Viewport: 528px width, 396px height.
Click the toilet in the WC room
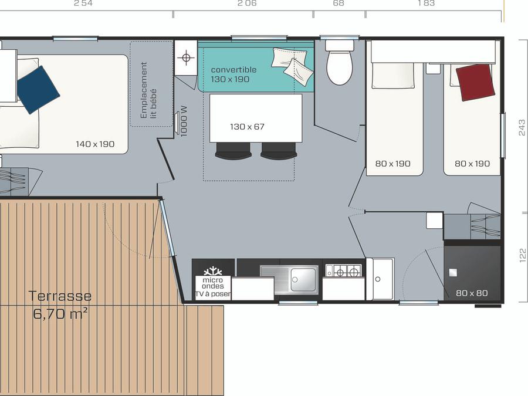pos(340,62)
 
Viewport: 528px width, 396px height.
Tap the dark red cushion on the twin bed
pos(475,82)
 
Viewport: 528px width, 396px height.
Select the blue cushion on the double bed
pos(38,90)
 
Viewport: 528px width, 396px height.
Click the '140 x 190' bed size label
pos(95,144)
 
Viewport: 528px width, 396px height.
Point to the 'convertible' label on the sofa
pos(233,70)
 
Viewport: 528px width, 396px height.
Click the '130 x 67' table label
pos(247,127)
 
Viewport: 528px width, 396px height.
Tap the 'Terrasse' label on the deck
pos(60,296)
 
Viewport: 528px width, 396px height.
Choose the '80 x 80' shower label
pos(472,293)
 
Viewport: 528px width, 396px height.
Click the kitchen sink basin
pos(304,279)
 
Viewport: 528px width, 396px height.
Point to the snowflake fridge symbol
pos(213,271)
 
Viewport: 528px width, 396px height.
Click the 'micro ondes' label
pos(213,283)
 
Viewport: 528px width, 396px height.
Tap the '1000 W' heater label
pos(184,121)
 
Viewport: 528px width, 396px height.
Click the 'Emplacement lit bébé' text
pos(148,90)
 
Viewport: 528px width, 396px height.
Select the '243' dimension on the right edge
pos(522,128)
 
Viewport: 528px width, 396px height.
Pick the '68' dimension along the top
pos(339,4)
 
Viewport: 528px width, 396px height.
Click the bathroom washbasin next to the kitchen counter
pos(380,279)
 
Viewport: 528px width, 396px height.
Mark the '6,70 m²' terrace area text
pos(60,314)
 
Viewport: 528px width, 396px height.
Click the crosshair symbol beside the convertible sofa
pos(186,57)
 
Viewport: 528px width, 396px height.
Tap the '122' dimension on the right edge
pos(522,255)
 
